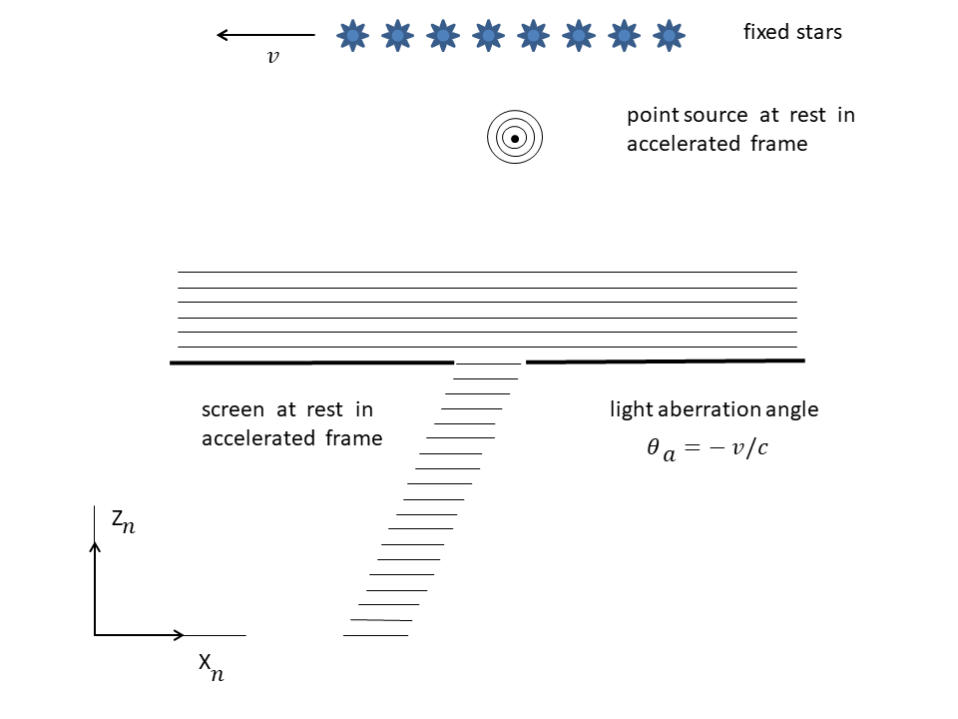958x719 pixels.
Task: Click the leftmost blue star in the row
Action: pos(352,36)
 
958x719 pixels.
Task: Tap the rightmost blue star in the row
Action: pos(669,36)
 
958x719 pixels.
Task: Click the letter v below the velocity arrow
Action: pos(272,57)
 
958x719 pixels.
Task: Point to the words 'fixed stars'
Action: pos(792,32)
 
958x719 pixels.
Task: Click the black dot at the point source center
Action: pos(514,139)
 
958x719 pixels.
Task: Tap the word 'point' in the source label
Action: pos(651,116)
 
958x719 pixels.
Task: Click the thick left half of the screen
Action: pos(311,362)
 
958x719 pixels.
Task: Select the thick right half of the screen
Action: pos(665,360)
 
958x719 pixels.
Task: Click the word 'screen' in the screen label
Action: pos(234,409)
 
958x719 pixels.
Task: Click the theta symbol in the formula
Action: pos(654,447)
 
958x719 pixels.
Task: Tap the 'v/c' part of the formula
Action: pos(749,447)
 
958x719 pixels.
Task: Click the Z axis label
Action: pos(122,520)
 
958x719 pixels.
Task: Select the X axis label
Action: pos(210,665)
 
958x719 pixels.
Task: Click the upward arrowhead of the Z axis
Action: pos(95,545)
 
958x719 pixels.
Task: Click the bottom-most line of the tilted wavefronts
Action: pos(375,635)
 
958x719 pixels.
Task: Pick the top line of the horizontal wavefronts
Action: pos(487,272)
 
